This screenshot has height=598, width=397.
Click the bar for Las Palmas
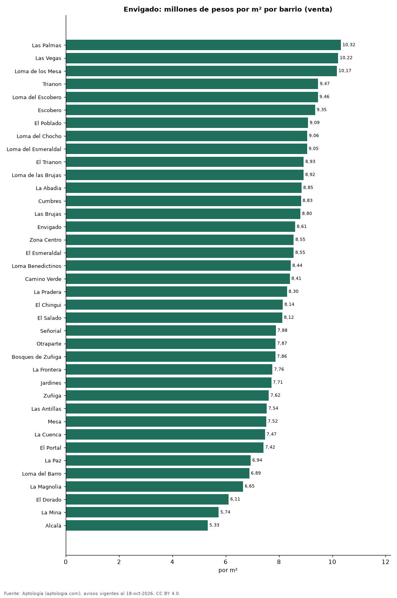(x=203, y=45)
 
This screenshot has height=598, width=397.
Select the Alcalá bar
(x=137, y=525)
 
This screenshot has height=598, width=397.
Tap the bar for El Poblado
(x=187, y=123)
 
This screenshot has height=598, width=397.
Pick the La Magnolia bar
(x=154, y=486)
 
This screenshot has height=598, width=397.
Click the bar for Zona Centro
(x=180, y=240)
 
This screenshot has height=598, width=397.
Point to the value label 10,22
(x=346, y=58)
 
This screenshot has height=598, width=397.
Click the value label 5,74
(x=225, y=512)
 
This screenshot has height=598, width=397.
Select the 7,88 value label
(x=282, y=330)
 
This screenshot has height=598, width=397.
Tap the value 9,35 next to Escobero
(x=322, y=110)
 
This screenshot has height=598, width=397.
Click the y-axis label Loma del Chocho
(x=39, y=136)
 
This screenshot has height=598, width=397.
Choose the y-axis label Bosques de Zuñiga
(x=36, y=357)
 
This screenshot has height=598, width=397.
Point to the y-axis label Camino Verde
(x=43, y=279)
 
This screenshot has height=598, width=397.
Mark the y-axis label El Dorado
(x=49, y=499)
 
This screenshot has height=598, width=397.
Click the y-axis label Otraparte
(x=49, y=344)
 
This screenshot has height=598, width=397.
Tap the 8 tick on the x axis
(x=279, y=562)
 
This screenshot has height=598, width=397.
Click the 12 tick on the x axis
(x=385, y=562)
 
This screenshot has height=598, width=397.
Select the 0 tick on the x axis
(x=66, y=562)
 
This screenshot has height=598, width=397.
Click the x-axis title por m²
(x=228, y=570)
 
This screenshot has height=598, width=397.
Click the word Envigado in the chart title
(x=143, y=10)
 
